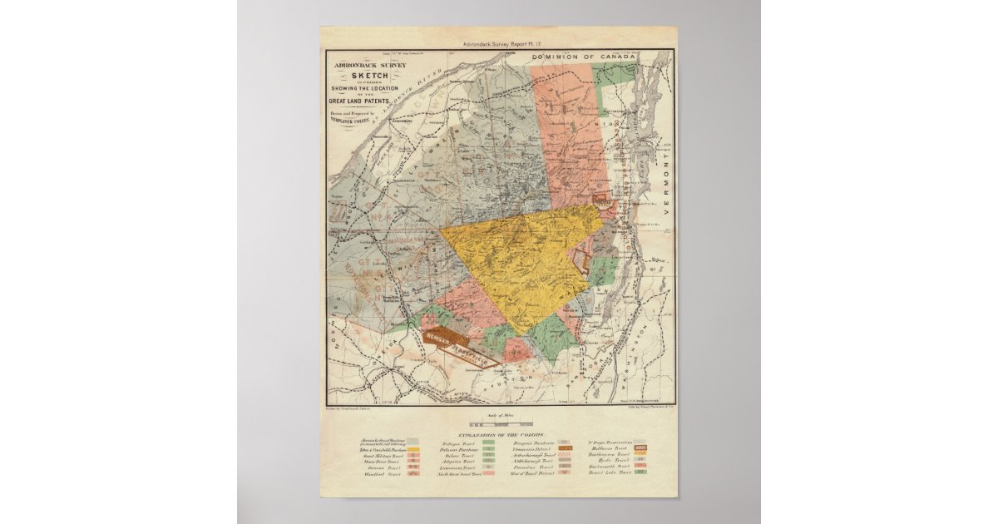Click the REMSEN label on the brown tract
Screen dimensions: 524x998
click(x=437, y=338)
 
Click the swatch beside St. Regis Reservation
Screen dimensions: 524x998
click(x=641, y=443)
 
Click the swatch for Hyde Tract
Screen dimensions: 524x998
click(x=641, y=459)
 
